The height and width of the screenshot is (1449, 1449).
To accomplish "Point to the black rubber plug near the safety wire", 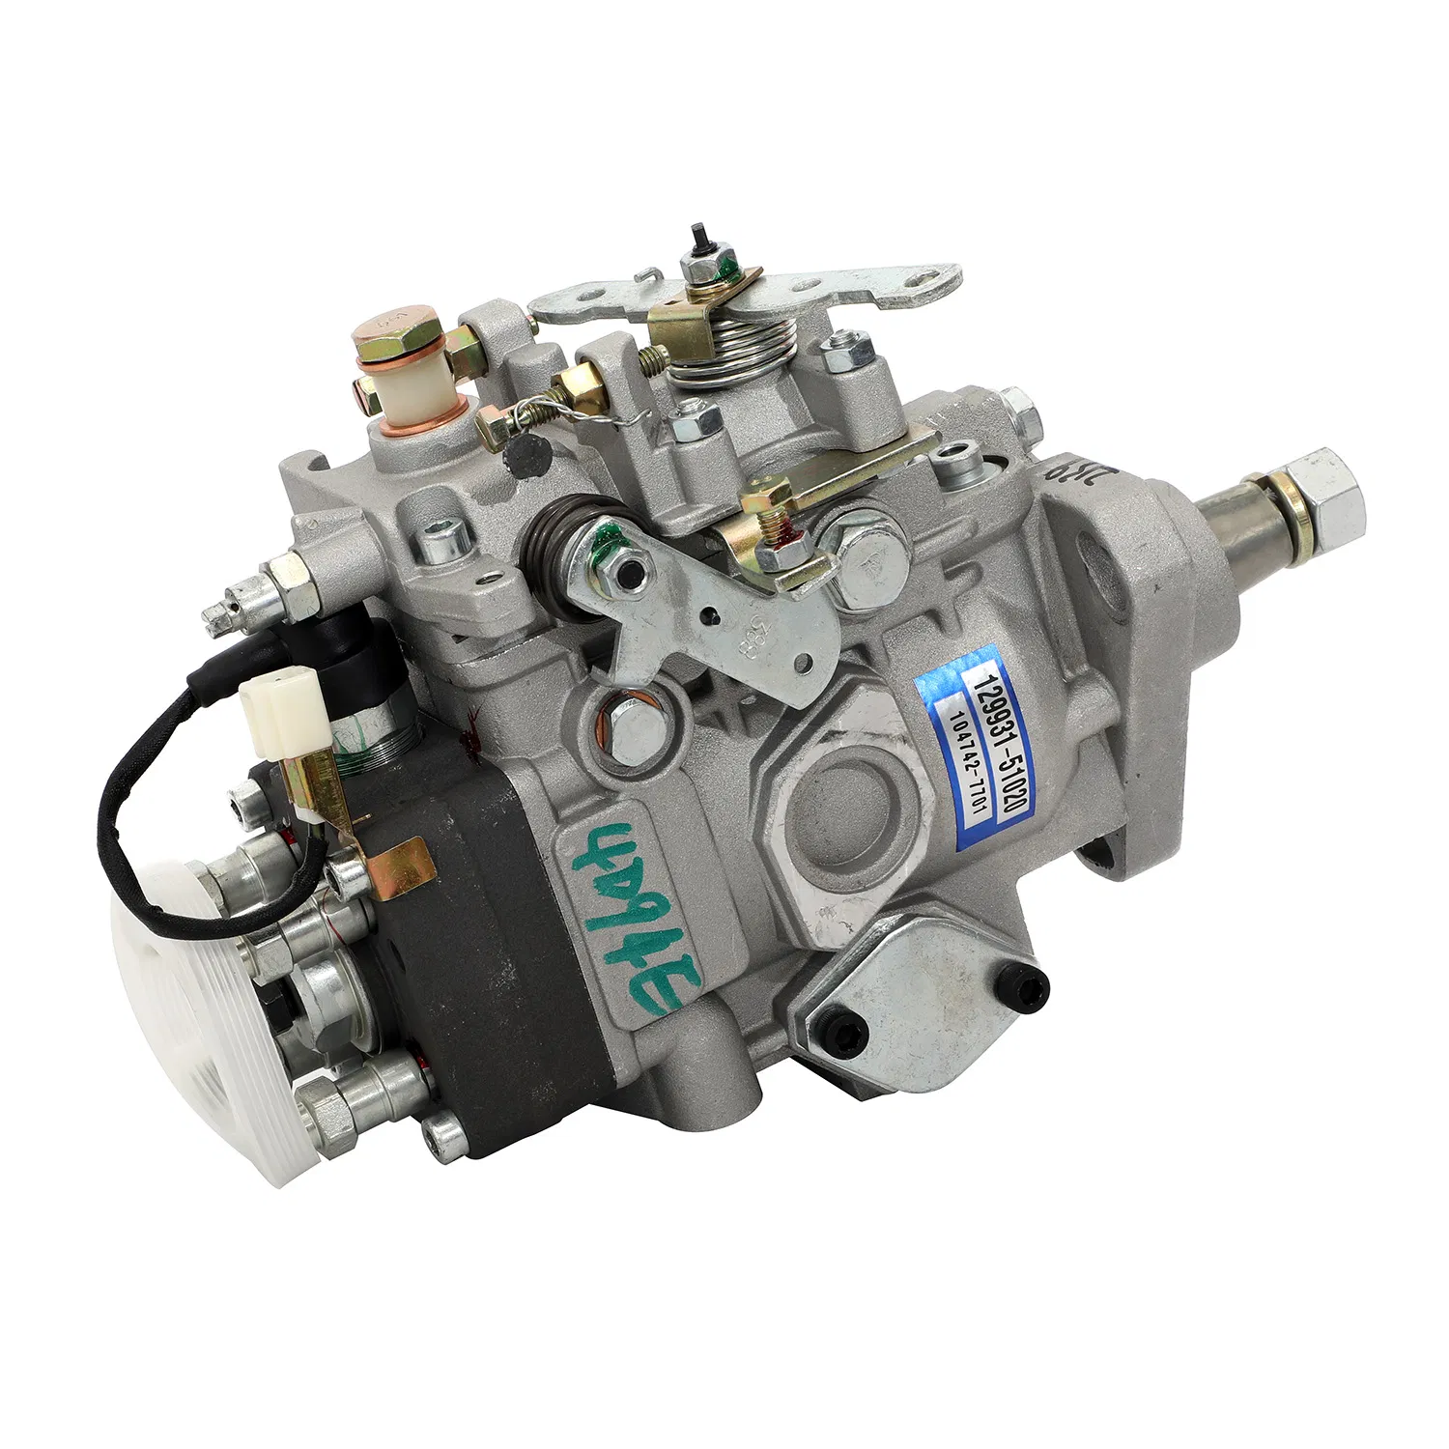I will pyautogui.click(x=526, y=453).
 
